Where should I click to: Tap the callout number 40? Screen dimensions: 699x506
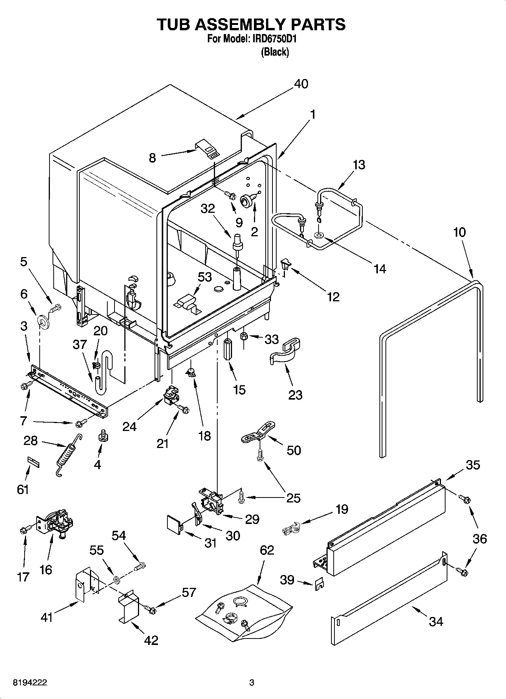pyautogui.click(x=301, y=84)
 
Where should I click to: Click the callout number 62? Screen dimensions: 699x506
pyautogui.click(x=267, y=550)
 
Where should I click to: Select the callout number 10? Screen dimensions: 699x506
pyautogui.click(x=460, y=232)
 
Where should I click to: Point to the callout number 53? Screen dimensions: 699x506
pyautogui.click(x=204, y=277)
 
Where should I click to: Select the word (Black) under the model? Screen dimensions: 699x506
pyautogui.click(x=275, y=52)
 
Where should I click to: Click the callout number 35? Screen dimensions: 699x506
pyautogui.click(x=472, y=465)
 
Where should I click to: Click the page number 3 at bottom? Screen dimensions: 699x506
pyautogui.click(x=252, y=683)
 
